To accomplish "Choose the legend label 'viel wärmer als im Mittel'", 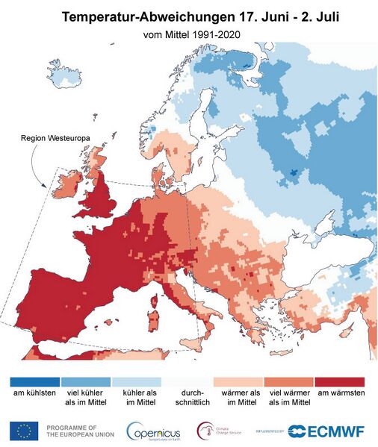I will point(289,399).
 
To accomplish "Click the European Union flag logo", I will point(24,431).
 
